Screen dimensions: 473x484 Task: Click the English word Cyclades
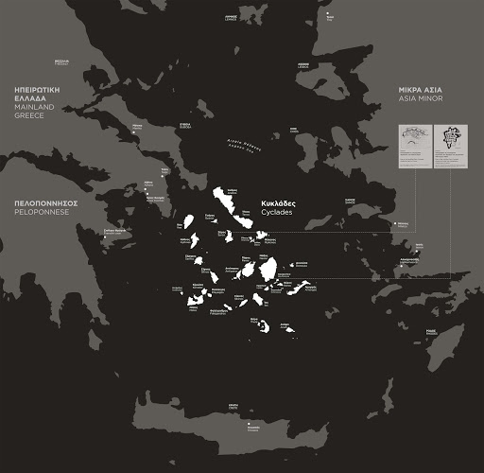tap(277, 213)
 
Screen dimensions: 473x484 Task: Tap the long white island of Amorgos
tap(302, 288)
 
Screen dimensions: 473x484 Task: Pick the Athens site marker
tap(147, 193)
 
